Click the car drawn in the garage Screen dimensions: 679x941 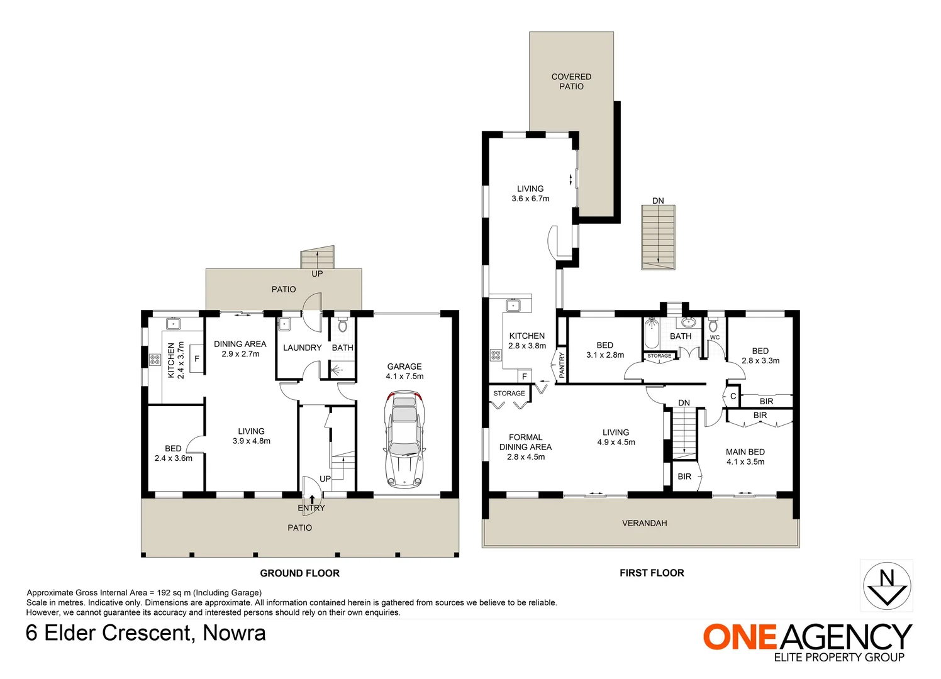pos(404,440)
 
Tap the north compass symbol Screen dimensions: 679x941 pos(886,585)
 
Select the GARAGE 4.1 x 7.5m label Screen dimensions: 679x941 pos(404,372)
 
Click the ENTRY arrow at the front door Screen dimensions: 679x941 pos(311,500)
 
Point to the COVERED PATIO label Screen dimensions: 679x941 pos(571,82)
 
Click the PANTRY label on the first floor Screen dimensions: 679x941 pos(561,365)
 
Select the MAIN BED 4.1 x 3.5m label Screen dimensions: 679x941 pos(745,456)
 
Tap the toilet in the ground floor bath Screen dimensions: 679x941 pos(342,326)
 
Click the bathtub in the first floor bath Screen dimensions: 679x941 pos(652,334)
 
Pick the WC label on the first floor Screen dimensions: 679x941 pos(715,338)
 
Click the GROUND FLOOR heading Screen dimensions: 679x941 pos(299,573)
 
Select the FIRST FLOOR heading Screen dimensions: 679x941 pos(652,573)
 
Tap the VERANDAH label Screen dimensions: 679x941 pos(644,523)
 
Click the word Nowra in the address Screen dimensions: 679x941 pos(234,633)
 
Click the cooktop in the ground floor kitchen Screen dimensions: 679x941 pos(155,360)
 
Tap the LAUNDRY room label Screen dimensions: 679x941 pos(302,348)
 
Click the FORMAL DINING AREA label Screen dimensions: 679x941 pos(525,447)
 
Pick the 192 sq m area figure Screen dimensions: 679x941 pos(170,593)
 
